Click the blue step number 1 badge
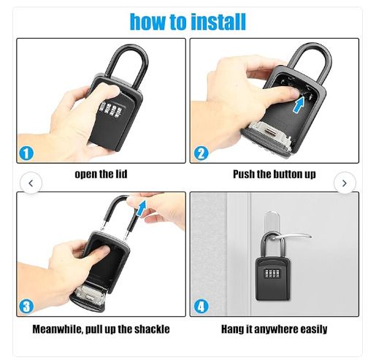point(26,153)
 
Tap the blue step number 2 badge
point(201,153)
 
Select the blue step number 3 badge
point(26,307)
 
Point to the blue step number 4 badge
point(201,307)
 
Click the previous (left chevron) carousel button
point(31,183)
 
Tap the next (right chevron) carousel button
point(345,183)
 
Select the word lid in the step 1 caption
point(121,174)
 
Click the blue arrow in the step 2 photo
point(299,105)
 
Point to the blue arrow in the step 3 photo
point(141,208)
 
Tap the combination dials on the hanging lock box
point(272,273)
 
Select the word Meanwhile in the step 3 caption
point(59,329)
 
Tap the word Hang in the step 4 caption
point(232,329)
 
